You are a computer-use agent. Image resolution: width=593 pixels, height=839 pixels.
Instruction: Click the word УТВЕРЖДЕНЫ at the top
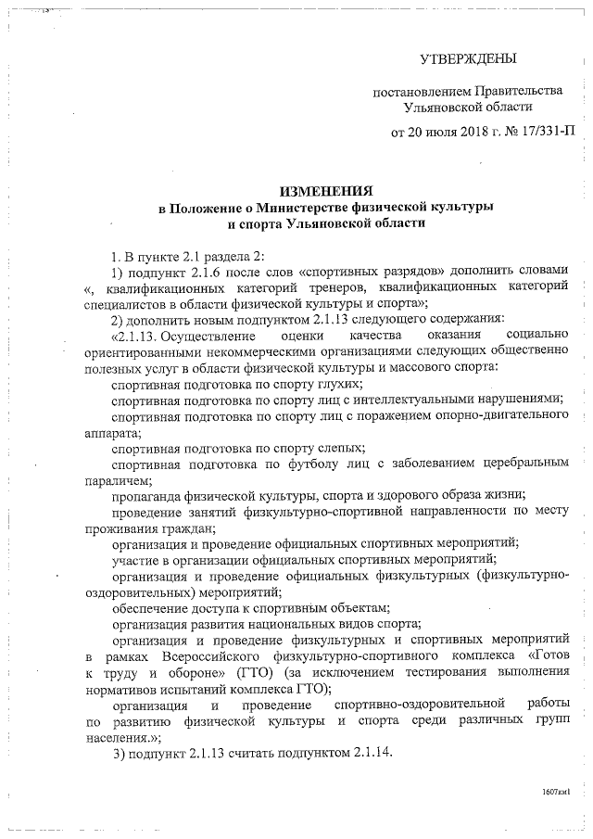pos(467,60)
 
